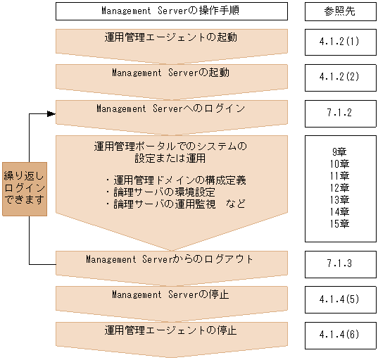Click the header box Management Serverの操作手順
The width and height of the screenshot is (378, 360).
point(171,11)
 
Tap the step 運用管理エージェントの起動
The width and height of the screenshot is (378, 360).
point(171,39)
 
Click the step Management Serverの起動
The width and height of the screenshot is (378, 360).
point(171,73)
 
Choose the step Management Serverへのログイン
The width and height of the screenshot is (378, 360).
point(171,109)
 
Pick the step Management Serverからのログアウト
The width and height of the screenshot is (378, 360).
point(171,260)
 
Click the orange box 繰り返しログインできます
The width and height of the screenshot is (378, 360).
point(25,188)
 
